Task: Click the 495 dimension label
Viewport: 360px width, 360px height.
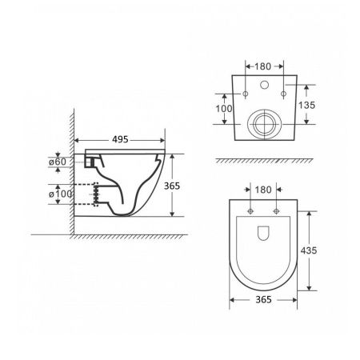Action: click(120, 139)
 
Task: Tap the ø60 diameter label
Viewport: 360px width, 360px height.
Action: click(58, 162)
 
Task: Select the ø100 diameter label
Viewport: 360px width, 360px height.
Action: click(61, 194)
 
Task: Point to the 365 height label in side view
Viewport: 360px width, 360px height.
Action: click(172, 186)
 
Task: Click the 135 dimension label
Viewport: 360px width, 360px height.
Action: click(306, 105)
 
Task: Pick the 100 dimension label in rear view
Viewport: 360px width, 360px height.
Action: click(224, 109)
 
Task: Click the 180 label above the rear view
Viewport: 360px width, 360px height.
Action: click(262, 66)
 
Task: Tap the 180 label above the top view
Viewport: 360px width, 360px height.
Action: click(263, 190)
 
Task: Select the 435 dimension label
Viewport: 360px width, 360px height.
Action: click(309, 250)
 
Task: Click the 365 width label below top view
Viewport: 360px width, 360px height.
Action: click(263, 300)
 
